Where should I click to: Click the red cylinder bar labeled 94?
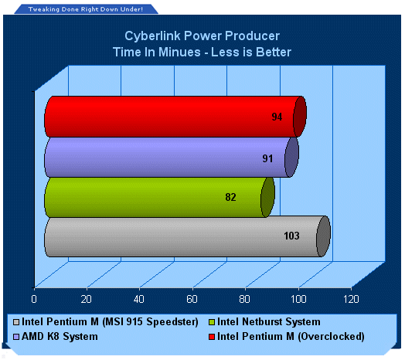pos(175,117)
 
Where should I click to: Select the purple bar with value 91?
pos(172,158)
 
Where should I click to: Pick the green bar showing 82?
pos(159,197)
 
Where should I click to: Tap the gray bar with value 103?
pos(187,237)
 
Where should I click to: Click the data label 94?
pos(277,117)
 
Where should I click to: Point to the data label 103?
pos(291,236)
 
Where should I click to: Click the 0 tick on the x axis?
pos(34,299)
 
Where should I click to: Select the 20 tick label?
pos(86,299)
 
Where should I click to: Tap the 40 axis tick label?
pos(138,299)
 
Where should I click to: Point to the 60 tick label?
pos(192,299)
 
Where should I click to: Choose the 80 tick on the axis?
pos(244,299)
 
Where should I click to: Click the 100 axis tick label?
pos(298,299)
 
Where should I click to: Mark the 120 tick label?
pos(351,299)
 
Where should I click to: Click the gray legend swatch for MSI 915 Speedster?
pos(16,322)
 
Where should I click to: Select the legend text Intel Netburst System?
pos(269,322)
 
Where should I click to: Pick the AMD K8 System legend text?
pos(60,337)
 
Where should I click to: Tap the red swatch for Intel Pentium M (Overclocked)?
pos(212,337)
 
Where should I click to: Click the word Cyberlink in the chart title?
pos(152,36)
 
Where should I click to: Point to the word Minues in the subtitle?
pos(179,52)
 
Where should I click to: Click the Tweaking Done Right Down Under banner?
pos(86,9)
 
